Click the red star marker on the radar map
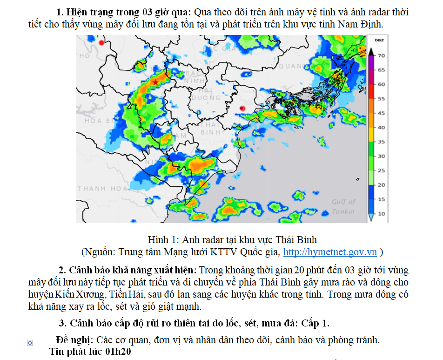click(x=155, y=82)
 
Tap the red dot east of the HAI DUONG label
click(x=242, y=109)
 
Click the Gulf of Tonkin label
click(x=343, y=206)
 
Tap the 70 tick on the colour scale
click(x=381, y=55)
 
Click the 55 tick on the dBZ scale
click(x=381, y=99)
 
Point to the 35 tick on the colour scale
click(x=381, y=142)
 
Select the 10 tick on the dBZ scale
click(x=381, y=214)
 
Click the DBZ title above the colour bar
click(x=379, y=41)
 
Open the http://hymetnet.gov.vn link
click(x=330, y=252)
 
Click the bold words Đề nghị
click(x=73, y=340)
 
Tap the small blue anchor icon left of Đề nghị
click(x=30, y=343)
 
